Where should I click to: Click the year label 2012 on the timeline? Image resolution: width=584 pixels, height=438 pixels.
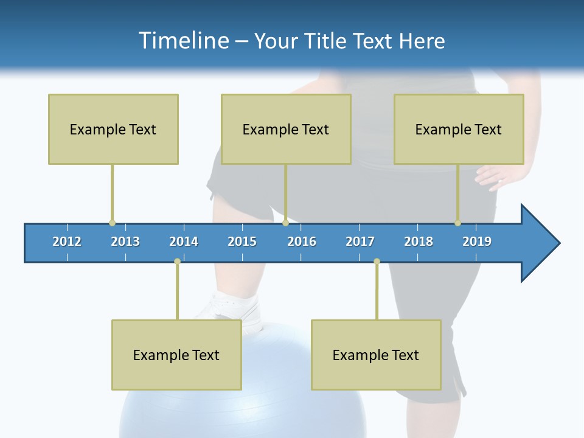[67, 242]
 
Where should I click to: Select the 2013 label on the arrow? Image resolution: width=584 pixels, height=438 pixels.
[125, 242]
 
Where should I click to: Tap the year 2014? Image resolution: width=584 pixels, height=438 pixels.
[184, 242]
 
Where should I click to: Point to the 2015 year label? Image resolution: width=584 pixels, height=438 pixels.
[242, 242]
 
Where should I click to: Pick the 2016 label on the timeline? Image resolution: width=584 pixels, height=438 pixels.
[302, 242]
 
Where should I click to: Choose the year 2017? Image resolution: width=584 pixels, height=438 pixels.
[360, 242]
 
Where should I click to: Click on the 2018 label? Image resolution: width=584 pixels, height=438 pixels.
[419, 242]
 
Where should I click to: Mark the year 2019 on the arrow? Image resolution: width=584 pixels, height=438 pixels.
[477, 242]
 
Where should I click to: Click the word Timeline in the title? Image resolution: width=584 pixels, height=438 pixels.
[183, 41]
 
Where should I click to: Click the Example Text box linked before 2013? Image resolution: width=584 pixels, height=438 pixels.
[113, 129]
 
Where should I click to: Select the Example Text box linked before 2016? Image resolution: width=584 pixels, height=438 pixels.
[286, 129]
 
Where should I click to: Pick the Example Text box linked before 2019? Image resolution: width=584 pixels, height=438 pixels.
[459, 129]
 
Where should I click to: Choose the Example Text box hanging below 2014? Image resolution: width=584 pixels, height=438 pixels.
[176, 355]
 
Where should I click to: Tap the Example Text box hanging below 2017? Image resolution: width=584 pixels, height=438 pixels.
[376, 355]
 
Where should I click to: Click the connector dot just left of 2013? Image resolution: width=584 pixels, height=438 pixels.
[112, 223]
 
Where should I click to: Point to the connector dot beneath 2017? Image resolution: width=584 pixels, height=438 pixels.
[377, 262]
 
